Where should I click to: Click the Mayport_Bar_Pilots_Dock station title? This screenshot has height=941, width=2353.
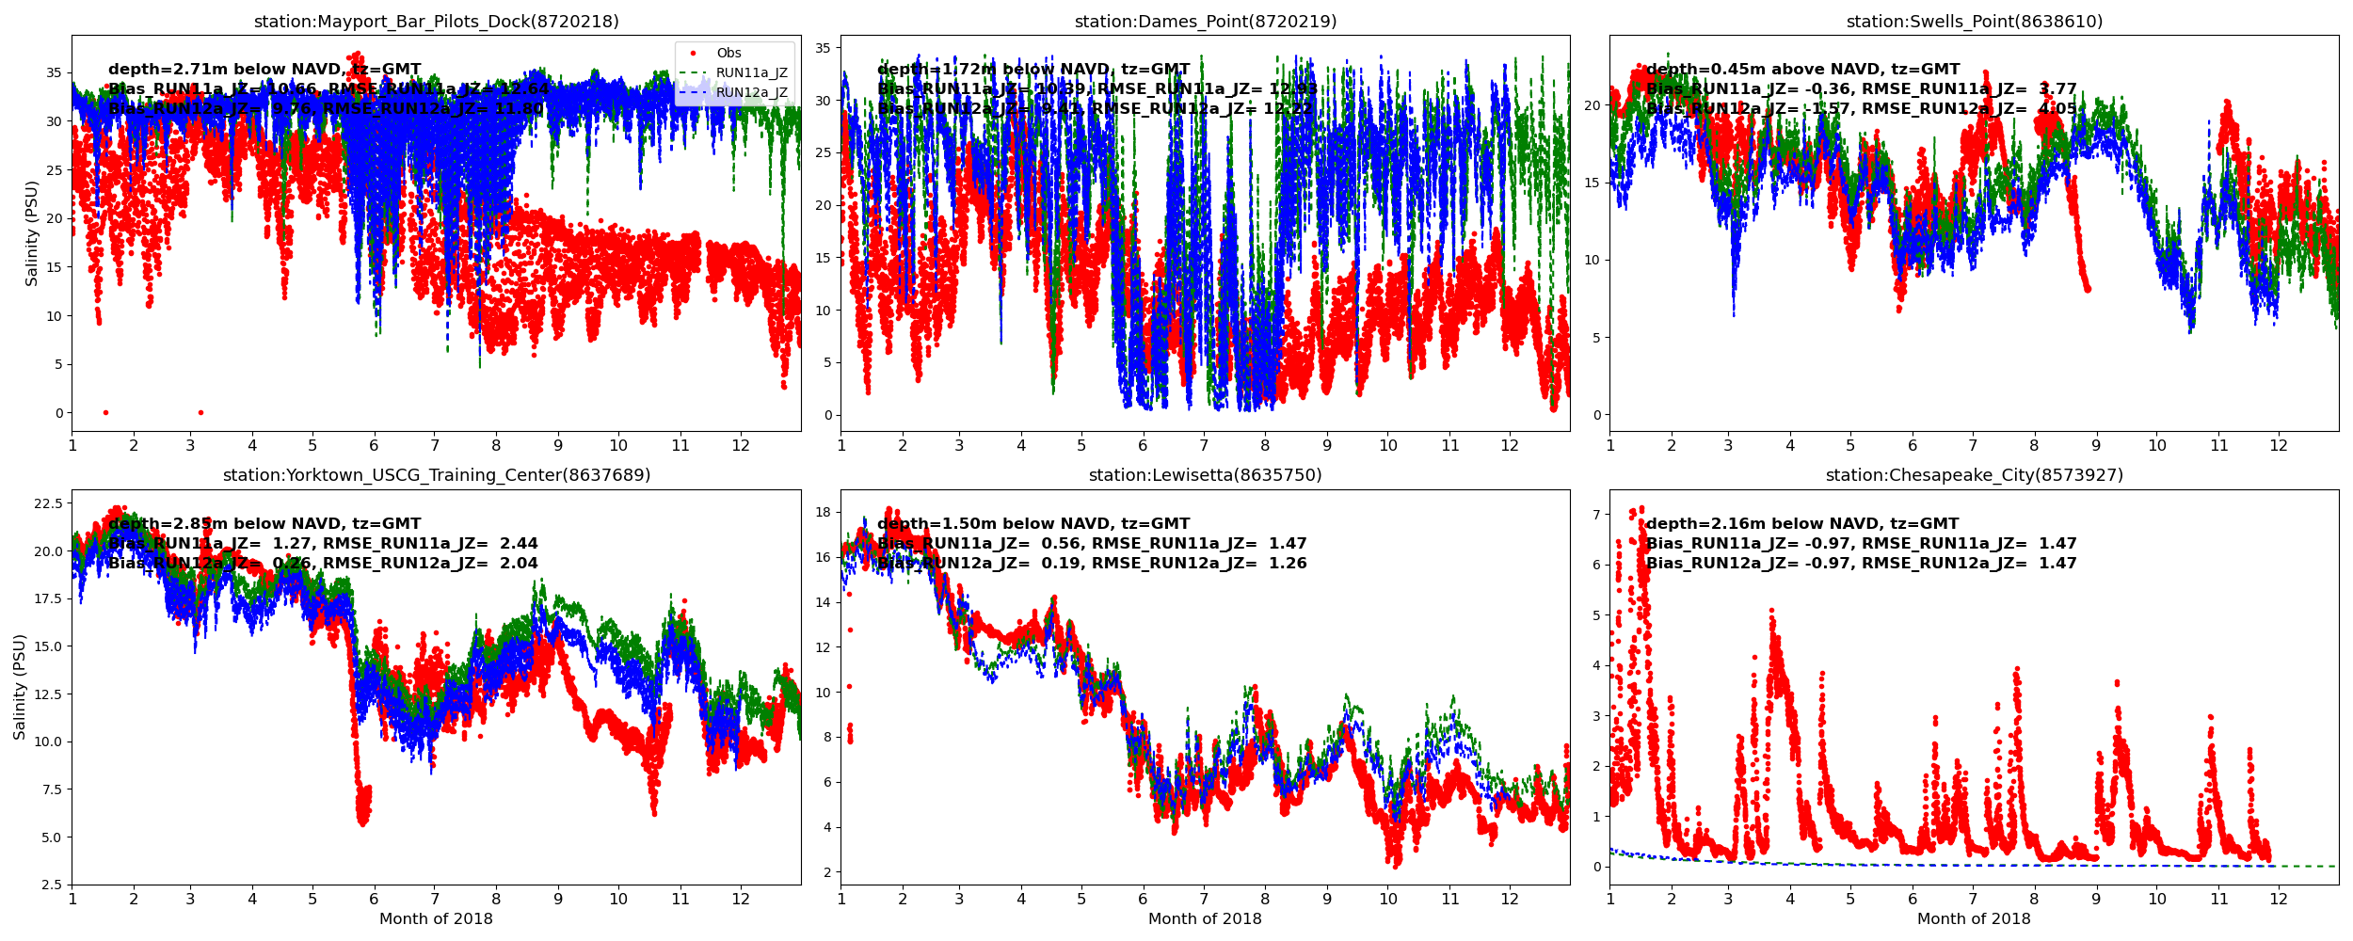tap(436, 22)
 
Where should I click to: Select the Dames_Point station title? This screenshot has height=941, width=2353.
tap(1205, 22)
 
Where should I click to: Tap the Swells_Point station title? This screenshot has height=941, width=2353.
tap(1974, 22)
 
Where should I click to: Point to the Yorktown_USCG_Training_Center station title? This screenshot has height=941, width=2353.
tap(436, 475)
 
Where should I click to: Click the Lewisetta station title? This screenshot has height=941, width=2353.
tap(1205, 475)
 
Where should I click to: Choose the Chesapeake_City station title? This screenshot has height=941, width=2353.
tap(1974, 475)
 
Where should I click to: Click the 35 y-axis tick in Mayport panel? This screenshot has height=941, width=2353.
tap(54, 72)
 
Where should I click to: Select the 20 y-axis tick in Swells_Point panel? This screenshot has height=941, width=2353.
tap(1591, 105)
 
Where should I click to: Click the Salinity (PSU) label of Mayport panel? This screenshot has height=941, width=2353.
tap(32, 233)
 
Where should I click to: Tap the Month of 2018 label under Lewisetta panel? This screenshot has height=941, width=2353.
tap(1205, 919)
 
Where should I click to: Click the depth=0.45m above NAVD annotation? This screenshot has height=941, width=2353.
tap(1802, 70)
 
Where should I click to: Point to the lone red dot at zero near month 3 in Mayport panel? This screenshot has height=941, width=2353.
tap(200, 412)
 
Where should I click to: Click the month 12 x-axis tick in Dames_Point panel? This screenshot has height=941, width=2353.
tap(1510, 445)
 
